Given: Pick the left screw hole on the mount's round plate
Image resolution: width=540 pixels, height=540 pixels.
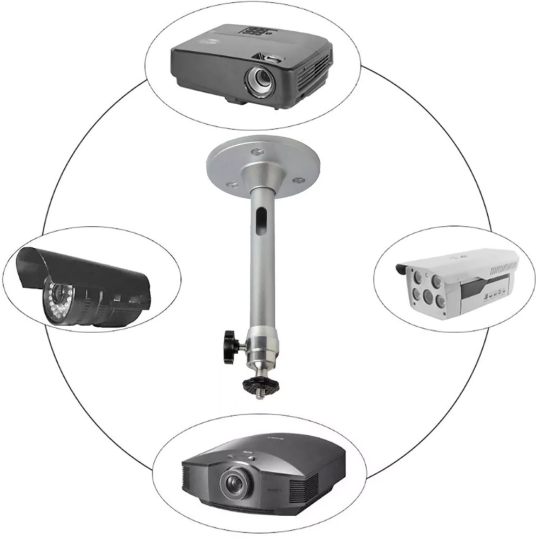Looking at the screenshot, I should click(231, 184).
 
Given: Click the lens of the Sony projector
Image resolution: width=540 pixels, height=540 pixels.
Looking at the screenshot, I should click(234, 481).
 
